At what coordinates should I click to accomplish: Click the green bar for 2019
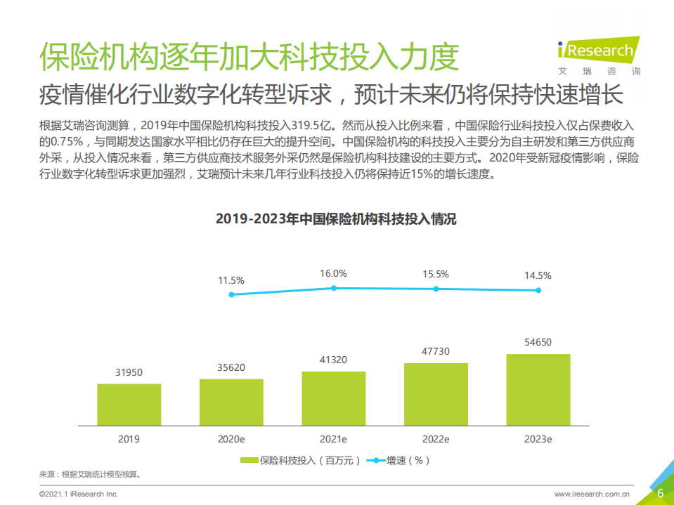click(129, 405)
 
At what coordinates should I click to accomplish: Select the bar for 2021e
click(333, 398)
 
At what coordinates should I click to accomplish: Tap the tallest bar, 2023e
click(538, 390)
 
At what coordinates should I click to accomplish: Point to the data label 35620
click(231, 367)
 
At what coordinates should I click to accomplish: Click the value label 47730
click(436, 351)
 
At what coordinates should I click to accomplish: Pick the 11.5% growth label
click(231, 280)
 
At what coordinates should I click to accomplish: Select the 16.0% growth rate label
click(334, 273)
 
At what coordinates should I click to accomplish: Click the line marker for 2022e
click(436, 289)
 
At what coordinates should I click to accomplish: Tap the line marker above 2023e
click(538, 290)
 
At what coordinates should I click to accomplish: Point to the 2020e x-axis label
click(231, 439)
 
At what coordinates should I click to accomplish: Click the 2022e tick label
click(436, 439)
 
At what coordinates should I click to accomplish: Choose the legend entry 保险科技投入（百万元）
click(301, 461)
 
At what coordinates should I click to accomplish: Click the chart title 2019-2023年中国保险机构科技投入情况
click(336, 219)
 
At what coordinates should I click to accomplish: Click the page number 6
click(660, 493)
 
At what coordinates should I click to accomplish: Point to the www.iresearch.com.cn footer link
click(592, 494)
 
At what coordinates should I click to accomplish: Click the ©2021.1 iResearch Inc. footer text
click(79, 494)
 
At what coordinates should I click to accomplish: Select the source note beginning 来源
click(90, 474)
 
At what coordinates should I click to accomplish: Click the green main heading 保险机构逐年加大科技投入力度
click(249, 57)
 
